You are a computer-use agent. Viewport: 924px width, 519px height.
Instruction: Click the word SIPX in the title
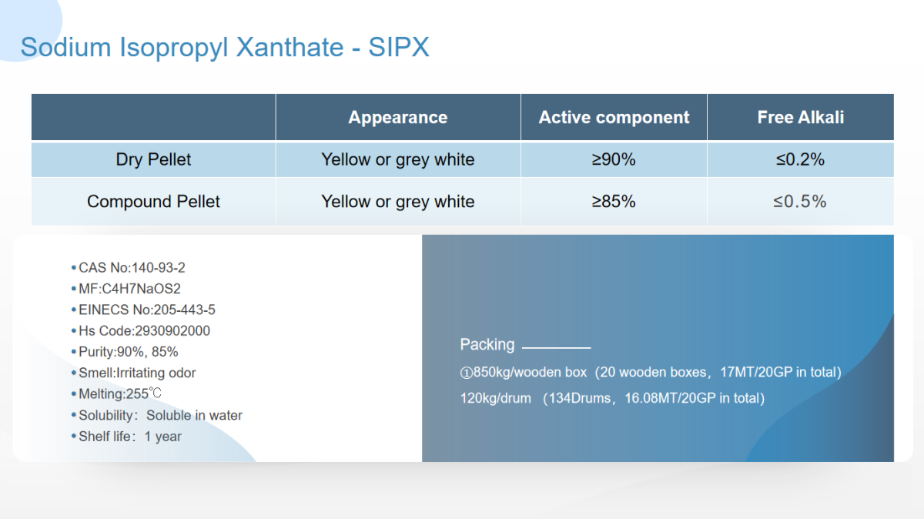pos(399,47)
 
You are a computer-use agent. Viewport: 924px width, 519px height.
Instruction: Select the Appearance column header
pos(397,118)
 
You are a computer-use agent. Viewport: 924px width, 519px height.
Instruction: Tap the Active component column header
pos(614,118)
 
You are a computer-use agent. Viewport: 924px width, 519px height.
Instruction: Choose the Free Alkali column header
pos(801,118)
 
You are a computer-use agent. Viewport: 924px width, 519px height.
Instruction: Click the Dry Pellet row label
pos(153,159)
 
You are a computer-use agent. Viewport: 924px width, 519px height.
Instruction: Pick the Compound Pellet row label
pos(153,202)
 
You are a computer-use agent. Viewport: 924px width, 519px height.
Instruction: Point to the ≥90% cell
pos(614,159)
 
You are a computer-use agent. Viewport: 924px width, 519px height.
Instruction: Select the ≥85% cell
pos(614,202)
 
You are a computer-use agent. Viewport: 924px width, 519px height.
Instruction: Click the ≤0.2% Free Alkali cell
pos(800,159)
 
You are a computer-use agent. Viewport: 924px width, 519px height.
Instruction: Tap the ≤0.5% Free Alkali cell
pos(799,202)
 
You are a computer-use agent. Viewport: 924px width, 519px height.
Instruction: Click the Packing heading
pos(487,345)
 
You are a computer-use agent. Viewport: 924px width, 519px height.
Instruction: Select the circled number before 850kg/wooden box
pos(466,373)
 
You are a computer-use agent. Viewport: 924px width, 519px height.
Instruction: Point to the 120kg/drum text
pos(495,399)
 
